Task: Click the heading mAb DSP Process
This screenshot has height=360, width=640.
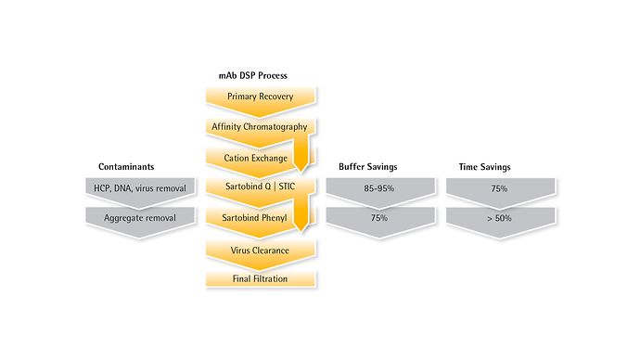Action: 252,75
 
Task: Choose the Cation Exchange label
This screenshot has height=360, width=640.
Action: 255,158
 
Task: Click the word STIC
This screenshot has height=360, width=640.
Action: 287,186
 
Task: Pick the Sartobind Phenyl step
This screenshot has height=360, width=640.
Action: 255,218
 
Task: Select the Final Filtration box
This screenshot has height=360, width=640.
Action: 260,278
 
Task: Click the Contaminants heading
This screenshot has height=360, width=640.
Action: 126,166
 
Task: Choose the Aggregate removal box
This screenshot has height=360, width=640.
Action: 140,223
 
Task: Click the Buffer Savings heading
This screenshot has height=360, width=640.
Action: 367,166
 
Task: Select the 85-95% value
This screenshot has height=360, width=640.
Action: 379,188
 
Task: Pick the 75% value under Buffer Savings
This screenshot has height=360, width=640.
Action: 379,218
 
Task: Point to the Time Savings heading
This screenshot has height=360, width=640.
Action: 484,167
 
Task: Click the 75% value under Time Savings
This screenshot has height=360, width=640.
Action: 499,188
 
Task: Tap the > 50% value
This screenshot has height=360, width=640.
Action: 499,218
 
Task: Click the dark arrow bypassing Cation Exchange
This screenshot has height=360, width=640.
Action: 301,152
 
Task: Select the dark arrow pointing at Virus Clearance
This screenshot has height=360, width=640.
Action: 301,212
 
